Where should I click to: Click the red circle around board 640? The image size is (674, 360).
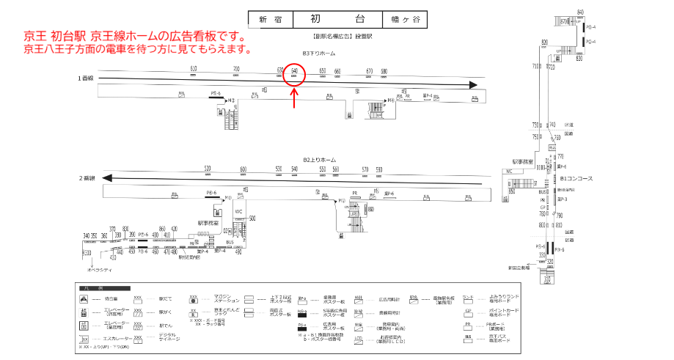294,75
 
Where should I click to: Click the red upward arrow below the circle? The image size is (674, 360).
294,99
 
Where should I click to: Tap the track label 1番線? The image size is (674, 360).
86,78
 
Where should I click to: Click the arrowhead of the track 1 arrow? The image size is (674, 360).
473,85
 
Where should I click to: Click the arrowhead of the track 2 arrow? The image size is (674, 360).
108,178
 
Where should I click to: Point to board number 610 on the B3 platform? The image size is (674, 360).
194,68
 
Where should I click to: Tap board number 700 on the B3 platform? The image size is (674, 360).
236,68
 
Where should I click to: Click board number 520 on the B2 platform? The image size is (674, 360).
208,169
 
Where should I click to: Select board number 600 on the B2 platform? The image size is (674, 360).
243,169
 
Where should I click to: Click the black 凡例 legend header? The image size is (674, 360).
103,289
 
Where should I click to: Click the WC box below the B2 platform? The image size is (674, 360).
238,212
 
